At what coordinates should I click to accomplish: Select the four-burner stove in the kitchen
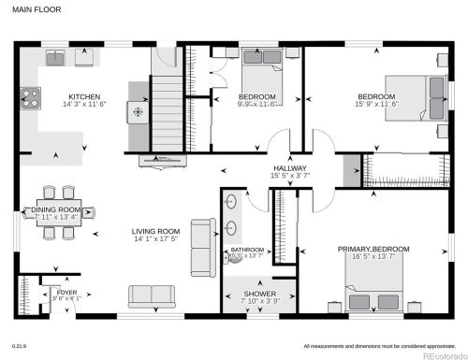click(29, 95)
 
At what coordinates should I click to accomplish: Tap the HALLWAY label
click(288, 168)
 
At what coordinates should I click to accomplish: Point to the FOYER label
click(66, 292)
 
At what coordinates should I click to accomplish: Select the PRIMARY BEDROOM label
click(373, 249)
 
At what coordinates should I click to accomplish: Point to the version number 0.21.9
click(19, 345)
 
